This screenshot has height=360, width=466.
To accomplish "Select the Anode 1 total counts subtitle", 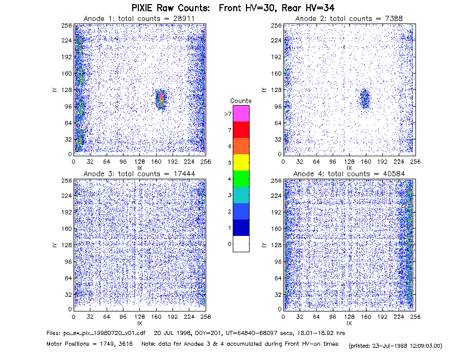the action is click(x=139, y=18).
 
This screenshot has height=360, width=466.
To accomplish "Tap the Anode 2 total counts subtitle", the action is click(x=349, y=18).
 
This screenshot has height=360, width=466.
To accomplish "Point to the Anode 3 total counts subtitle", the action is click(x=139, y=174).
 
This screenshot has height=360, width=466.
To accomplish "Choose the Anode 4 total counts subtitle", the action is click(x=349, y=174).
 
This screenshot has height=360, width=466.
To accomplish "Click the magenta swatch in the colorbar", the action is click(x=241, y=113).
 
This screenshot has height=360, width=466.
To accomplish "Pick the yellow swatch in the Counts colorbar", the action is click(x=241, y=162).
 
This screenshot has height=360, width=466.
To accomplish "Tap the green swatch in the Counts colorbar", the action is click(x=241, y=179).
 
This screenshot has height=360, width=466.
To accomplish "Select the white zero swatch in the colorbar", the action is click(x=241, y=244).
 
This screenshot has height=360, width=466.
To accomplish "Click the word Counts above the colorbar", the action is click(x=241, y=101).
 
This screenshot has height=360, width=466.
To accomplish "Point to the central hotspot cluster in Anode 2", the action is click(x=365, y=99).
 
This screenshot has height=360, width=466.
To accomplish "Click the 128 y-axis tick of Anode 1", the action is click(x=66, y=90).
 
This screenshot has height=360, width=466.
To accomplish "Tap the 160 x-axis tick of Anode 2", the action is click(x=366, y=161).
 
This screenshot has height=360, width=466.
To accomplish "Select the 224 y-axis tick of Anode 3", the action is click(x=66, y=196).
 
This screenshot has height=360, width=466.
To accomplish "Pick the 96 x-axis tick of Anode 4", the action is click(x=333, y=317).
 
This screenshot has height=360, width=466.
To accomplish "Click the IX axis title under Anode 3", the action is click(x=140, y=323).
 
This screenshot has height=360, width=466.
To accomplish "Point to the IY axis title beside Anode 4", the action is click(x=263, y=245).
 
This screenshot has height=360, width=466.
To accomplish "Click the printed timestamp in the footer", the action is click(x=396, y=346).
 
